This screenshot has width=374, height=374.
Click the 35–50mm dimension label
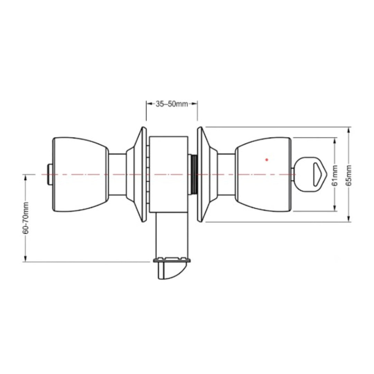(172, 104)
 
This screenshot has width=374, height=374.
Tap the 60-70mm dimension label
(26, 218)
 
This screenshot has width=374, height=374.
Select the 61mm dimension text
(335, 175)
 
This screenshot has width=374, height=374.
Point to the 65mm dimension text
(349, 175)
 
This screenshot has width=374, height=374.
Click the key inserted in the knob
(309, 174)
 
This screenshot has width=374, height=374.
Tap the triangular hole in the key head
(317, 174)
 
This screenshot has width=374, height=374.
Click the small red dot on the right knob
(267, 160)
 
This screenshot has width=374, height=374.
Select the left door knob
(81, 175)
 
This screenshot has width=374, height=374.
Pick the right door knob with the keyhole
(263, 175)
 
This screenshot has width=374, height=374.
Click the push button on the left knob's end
(50, 174)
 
